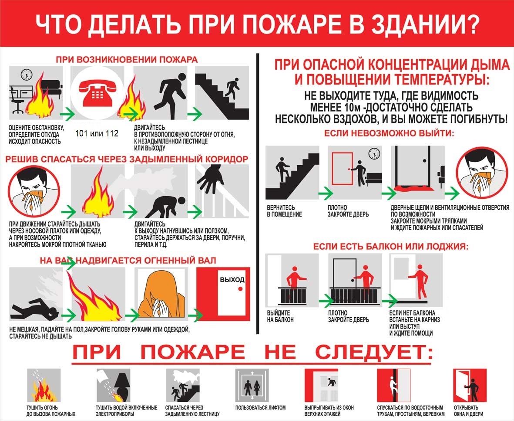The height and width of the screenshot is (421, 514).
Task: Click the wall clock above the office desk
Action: pyautogui.click(x=27, y=74)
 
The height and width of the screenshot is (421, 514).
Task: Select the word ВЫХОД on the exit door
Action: pyautogui.click(x=232, y=280)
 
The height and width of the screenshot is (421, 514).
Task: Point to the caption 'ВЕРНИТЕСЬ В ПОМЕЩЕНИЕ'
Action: pyautogui.click(x=284, y=211)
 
